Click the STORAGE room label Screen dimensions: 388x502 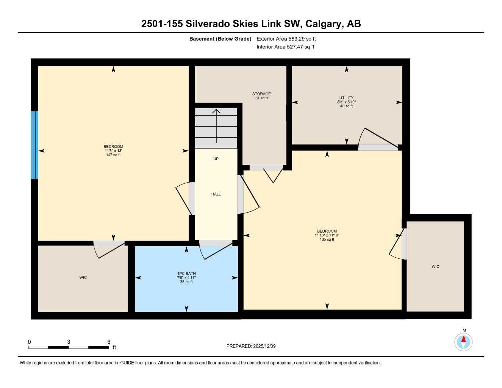pos(261,94)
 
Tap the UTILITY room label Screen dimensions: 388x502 pos(346,98)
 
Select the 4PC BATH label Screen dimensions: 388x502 pos(186,273)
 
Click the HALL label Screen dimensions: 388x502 pos(216,194)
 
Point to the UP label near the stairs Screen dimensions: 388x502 pos(216,159)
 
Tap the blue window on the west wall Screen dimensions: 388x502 pos(34,145)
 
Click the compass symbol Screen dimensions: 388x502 pos(463,342)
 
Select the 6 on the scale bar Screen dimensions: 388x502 pos(109,341)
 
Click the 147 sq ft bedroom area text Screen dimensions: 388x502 pos(113,155)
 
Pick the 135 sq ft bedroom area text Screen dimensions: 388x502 pos(327,239)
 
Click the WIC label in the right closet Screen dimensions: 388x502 pos(435,266)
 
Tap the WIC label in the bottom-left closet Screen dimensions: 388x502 pos(83,277)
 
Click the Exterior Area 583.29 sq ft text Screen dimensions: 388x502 pos(286,39)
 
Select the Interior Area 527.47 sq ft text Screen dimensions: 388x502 pos(285,47)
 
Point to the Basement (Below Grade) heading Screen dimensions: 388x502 pos(220,39)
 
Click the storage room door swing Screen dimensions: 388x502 pos(273,175)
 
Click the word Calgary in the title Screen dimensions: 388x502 pos(324,23)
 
